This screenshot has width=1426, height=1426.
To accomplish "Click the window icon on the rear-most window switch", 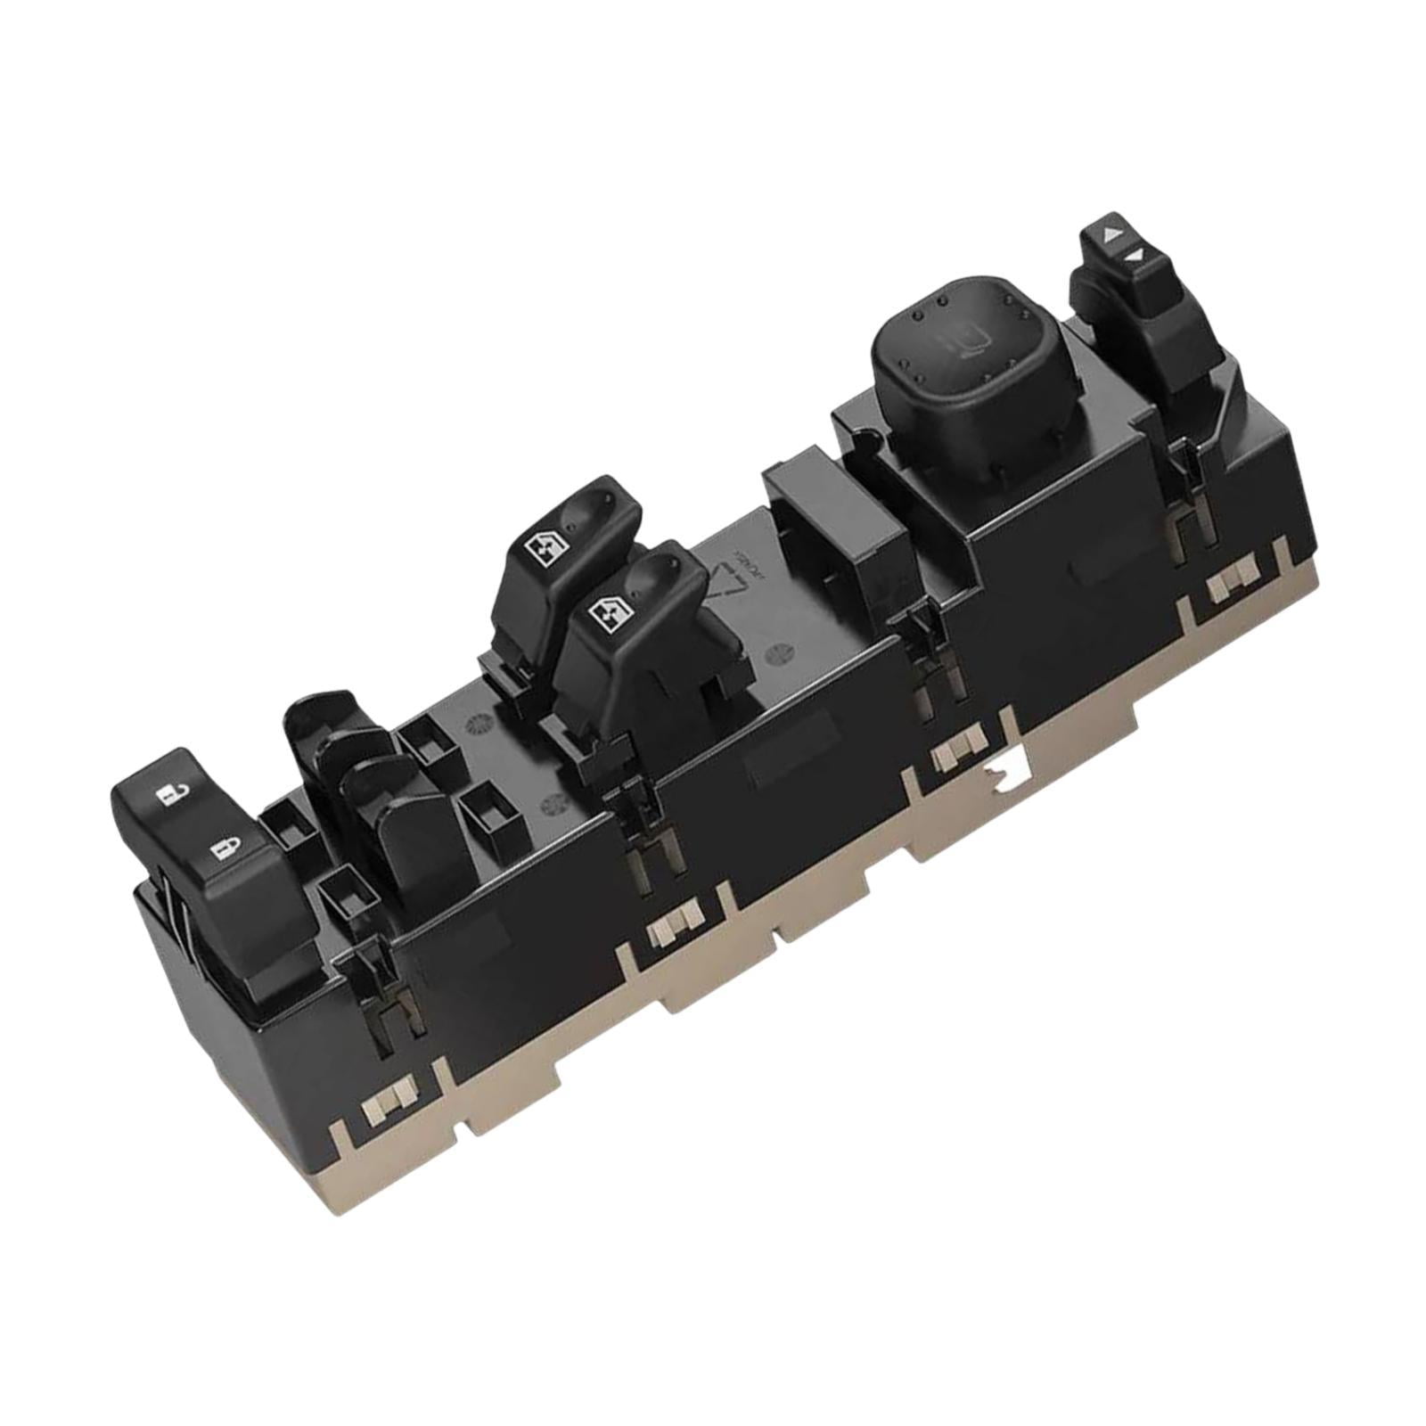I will point(545,546).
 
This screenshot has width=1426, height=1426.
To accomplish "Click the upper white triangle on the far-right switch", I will point(1110,235).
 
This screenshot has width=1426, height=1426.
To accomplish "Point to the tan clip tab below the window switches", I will point(675,923).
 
